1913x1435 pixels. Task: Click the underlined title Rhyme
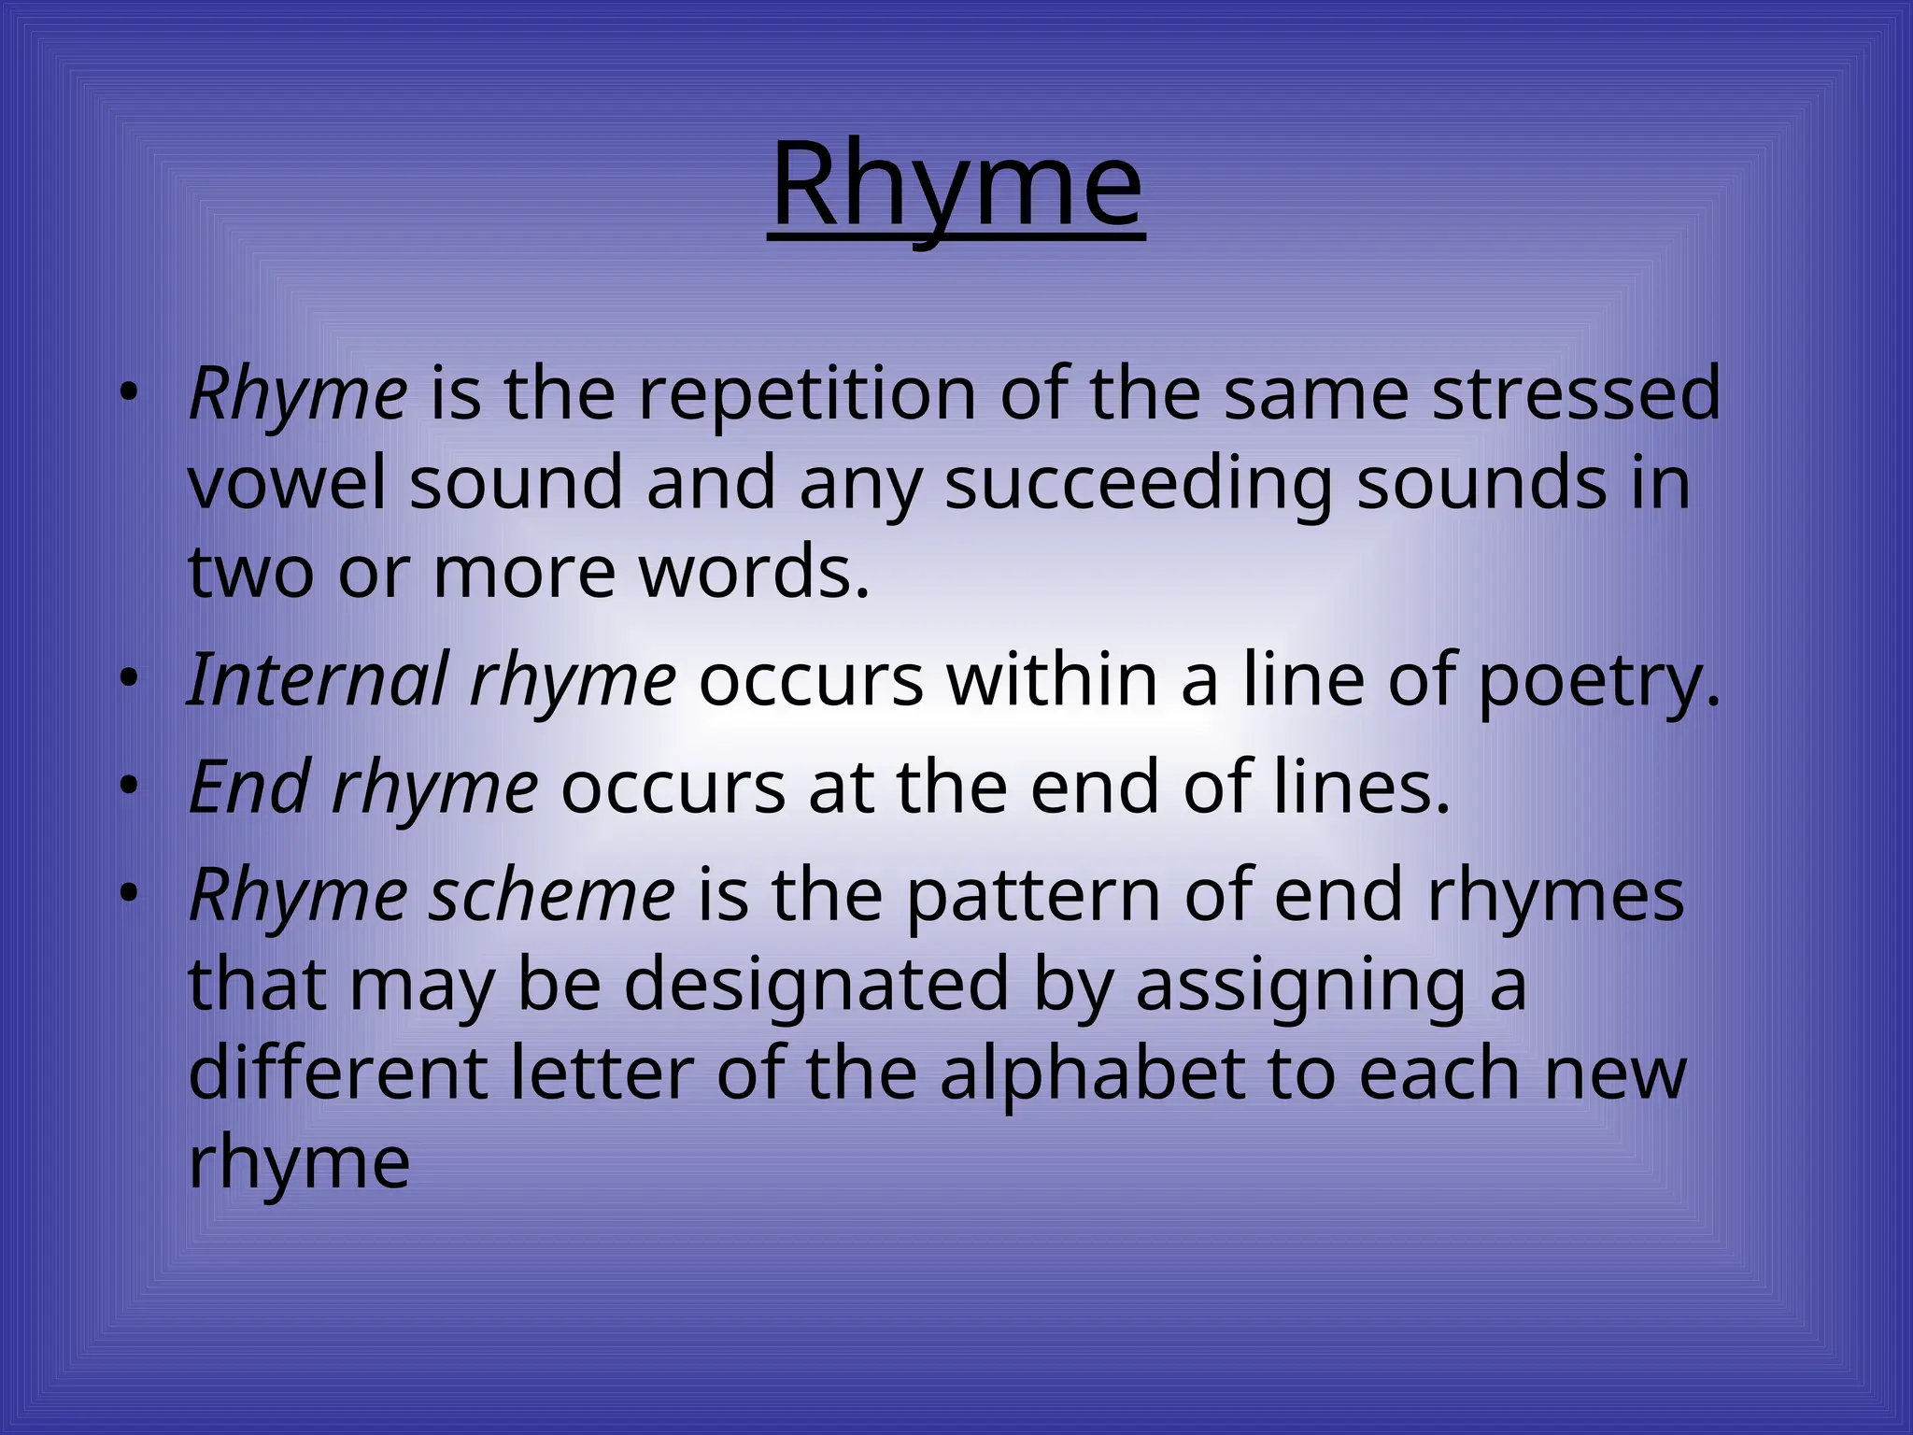[x=956, y=187]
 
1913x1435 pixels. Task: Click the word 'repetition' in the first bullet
[x=808, y=394]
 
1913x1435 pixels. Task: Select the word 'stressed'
[x=1576, y=394]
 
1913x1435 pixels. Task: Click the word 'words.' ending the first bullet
[x=755, y=572]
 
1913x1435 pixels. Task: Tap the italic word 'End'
[x=249, y=788]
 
